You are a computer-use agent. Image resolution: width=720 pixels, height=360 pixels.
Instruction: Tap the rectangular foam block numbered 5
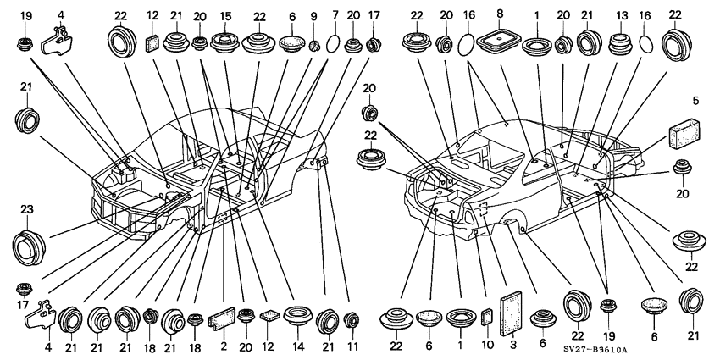point(687,132)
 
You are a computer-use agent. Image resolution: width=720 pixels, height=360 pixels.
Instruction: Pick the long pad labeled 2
point(222,319)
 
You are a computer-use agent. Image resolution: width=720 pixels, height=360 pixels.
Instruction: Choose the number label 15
point(226,15)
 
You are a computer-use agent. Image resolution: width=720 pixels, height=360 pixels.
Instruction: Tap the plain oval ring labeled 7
point(335,44)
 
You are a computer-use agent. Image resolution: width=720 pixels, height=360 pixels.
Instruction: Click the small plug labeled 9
point(313,44)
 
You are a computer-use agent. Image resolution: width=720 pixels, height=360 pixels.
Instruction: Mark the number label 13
point(623,15)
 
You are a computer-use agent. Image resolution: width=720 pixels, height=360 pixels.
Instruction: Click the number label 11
point(352,346)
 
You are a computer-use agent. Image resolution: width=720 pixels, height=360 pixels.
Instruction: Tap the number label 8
point(500,15)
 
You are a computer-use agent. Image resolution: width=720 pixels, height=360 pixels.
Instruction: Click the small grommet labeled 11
point(352,321)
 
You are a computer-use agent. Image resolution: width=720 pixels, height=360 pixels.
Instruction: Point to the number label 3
point(513,346)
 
